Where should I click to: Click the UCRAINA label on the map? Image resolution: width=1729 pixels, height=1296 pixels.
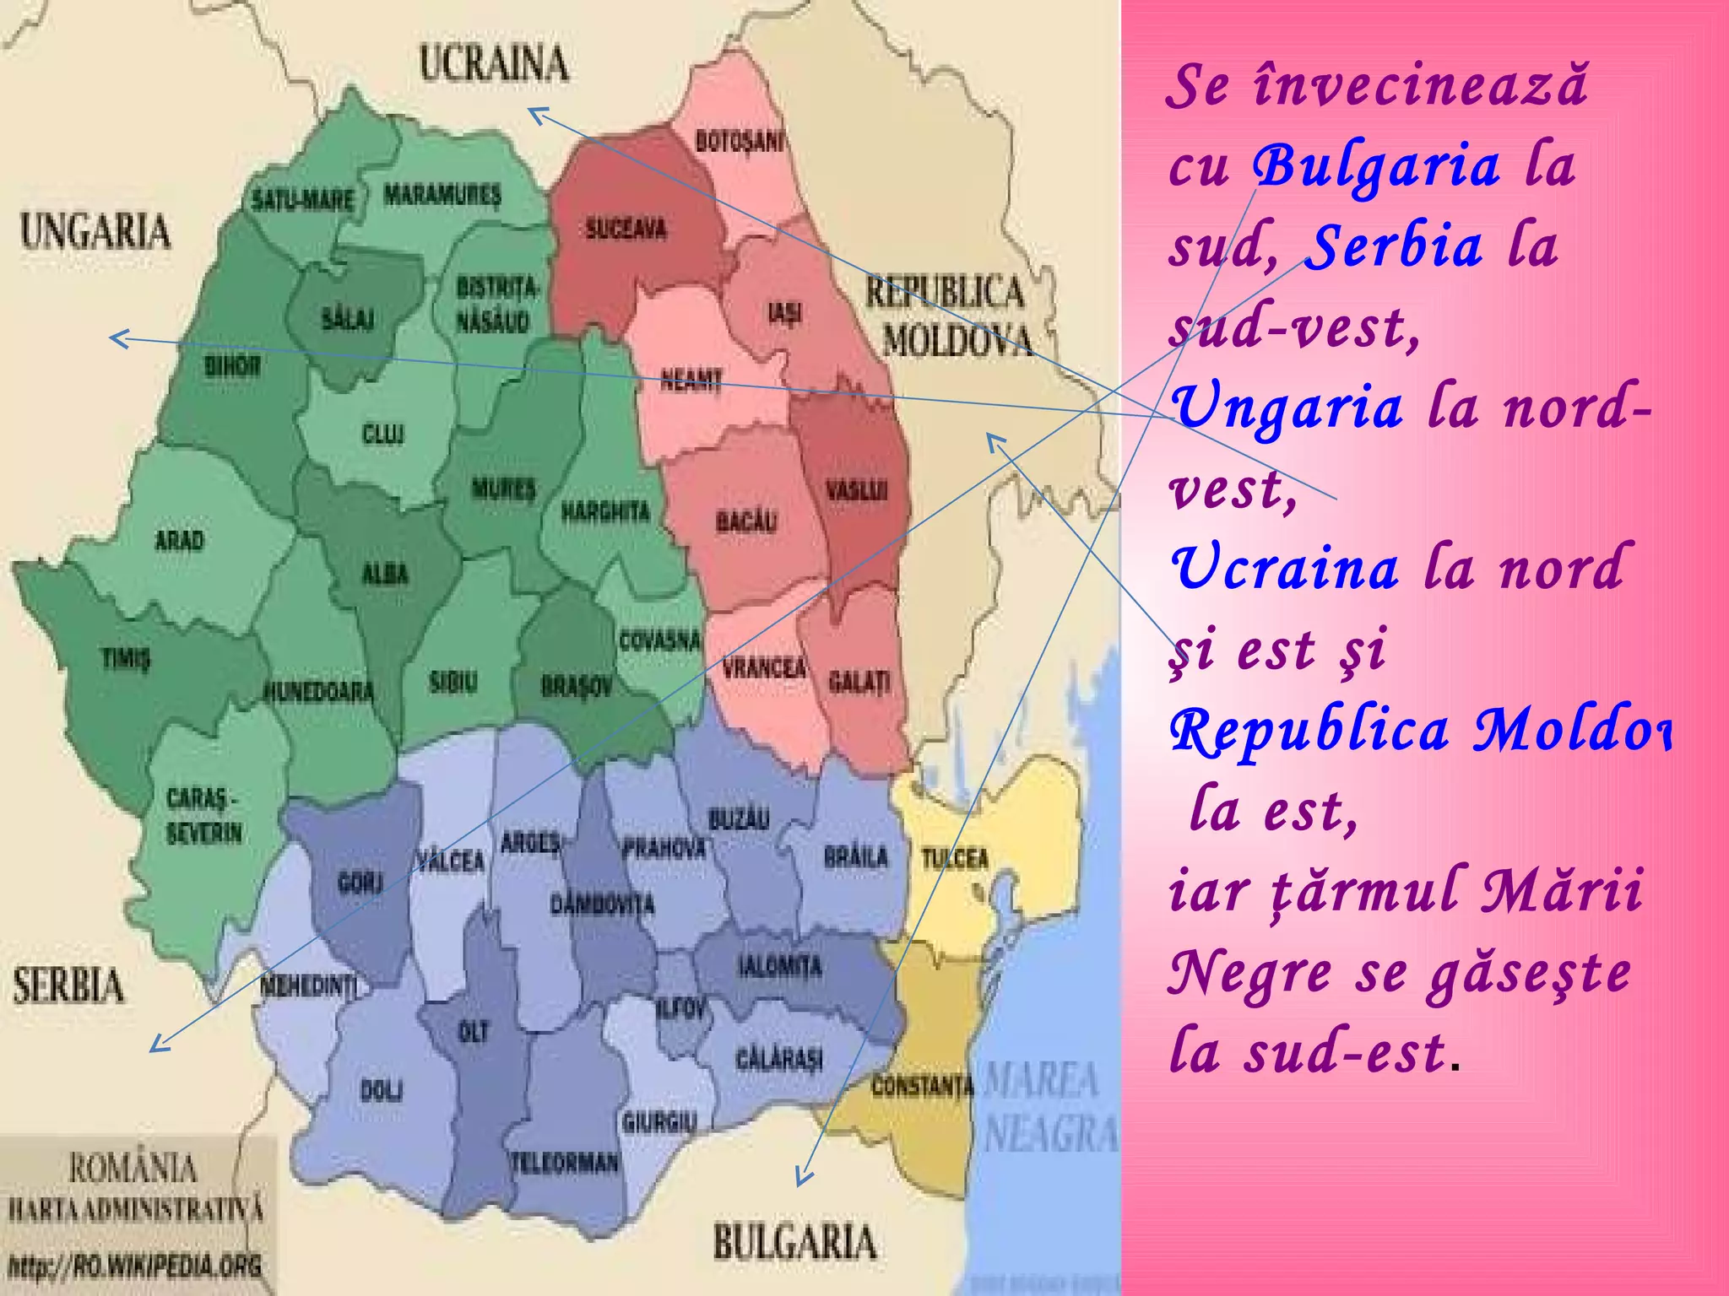click(494, 64)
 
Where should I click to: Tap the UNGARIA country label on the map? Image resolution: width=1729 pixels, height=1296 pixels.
click(95, 231)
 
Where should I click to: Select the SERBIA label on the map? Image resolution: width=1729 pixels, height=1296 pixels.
click(68, 985)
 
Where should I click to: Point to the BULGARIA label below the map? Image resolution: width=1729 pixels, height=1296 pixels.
click(794, 1243)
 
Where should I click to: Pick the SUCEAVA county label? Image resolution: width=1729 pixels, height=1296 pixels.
click(626, 229)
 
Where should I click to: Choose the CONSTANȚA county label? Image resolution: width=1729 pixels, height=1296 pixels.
click(922, 1086)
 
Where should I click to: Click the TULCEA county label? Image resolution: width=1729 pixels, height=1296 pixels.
click(954, 859)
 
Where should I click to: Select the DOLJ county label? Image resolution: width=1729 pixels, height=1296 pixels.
click(382, 1090)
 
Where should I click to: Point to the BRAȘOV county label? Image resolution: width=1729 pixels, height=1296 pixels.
click(577, 686)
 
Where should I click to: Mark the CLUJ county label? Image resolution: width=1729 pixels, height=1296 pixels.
click(382, 434)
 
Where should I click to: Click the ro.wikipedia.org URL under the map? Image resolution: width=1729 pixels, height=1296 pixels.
click(135, 1266)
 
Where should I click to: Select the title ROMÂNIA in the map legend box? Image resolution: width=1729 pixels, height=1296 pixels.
click(133, 1169)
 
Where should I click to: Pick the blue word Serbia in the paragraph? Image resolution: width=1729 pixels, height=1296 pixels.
click(1393, 246)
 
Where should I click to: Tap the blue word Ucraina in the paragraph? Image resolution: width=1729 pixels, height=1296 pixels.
click(1285, 568)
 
